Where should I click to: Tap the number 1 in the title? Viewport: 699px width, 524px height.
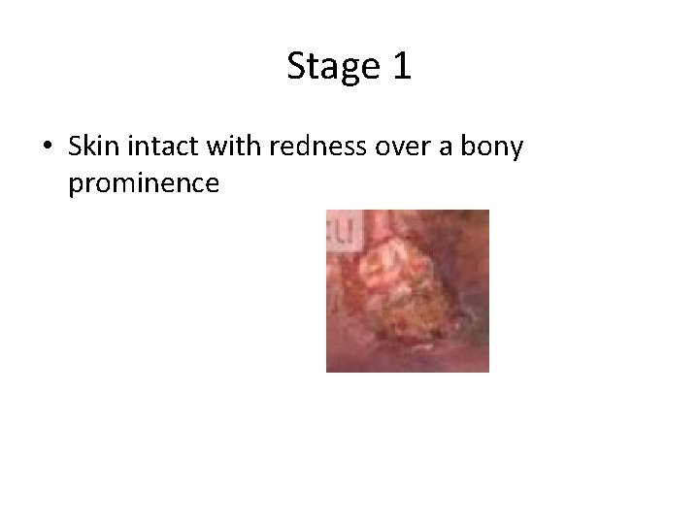401,66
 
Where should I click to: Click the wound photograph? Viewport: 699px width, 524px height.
408,291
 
